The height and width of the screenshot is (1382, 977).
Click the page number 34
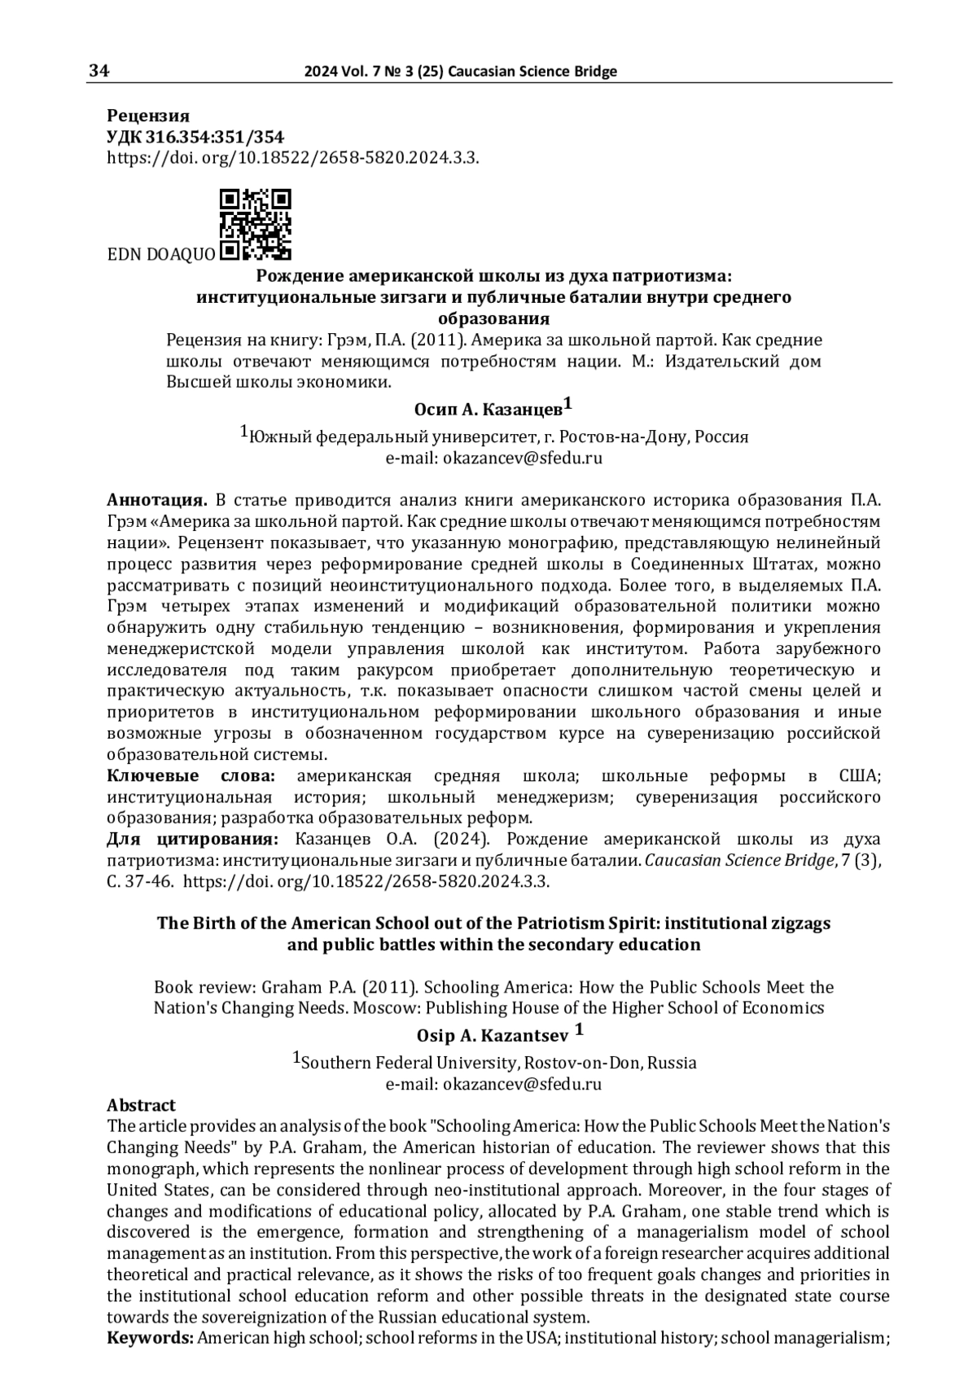(99, 71)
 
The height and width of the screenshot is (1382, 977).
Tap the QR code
(256, 225)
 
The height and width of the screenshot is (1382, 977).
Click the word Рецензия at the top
(148, 116)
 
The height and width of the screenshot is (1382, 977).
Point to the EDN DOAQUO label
(161, 254)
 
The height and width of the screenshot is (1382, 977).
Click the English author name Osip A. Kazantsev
(493, 1036)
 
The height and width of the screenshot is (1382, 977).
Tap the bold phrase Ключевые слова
(191, 776)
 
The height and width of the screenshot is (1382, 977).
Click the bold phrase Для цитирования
(193, 840)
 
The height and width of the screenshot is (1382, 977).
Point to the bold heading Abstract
(142, 1105)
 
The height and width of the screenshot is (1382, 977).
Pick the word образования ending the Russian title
(493, 318)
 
